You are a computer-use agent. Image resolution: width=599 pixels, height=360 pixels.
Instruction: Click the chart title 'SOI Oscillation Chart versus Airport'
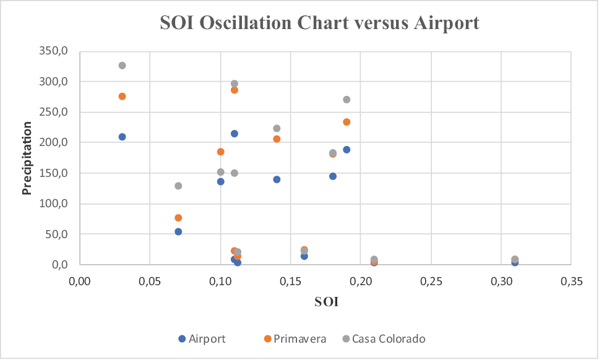tap(319, 23)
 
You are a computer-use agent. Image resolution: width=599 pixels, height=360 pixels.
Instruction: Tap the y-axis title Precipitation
tap(27, 158)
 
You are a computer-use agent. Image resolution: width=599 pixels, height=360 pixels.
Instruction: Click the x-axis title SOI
tap(327, 302)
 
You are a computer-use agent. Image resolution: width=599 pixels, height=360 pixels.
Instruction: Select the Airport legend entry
tap(202, 338)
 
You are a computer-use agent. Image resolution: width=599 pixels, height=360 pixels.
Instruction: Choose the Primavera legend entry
tap(294, 338)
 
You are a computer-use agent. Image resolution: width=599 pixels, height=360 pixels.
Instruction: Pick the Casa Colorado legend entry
tap(384, 338)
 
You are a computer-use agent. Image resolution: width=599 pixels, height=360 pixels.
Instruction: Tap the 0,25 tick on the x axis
tap(431, 281)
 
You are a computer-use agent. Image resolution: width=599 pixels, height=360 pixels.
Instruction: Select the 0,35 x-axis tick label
tap(571, 281)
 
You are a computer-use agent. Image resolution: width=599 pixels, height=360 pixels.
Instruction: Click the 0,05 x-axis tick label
tap(150, 281)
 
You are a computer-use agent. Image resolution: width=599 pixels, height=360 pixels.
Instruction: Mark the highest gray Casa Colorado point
tap(123, 66)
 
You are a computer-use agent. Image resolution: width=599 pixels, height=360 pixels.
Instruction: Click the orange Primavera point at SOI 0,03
tap(123, 96)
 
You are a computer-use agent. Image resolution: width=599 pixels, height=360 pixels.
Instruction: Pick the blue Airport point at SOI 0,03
tap(123, 137)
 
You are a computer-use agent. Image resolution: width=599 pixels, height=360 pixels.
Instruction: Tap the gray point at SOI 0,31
tap(515, 259)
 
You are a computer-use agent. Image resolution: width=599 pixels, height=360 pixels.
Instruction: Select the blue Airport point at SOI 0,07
tap(178, 231)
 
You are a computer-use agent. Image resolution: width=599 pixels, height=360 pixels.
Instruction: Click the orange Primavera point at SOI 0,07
tap(178, 218)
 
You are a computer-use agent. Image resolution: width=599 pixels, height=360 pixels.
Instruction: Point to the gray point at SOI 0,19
tap(347, 100)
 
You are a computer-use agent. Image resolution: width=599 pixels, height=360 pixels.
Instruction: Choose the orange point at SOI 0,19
tap(347, 122)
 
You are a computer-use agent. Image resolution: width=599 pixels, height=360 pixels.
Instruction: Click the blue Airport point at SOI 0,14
tap(277, 179)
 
